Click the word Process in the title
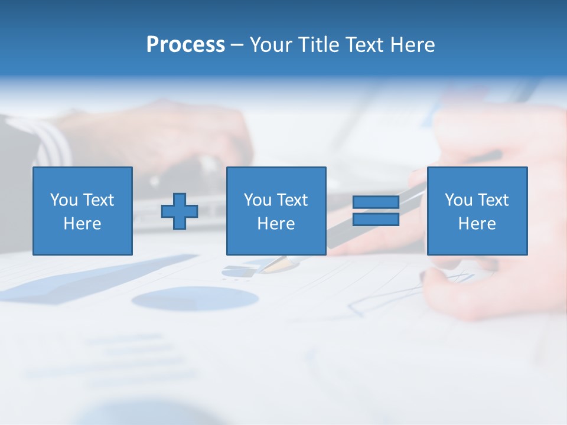coord(185,45)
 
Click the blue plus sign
coord(180,211)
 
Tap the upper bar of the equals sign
coord(376,202)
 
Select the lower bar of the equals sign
coord(376,220)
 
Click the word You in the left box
coord(64,200)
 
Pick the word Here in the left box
coord(82,224)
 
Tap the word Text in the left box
coord(98,200)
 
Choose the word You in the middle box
coord(258,200)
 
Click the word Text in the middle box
coord(292,200)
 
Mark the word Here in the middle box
coord(276,224)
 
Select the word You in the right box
coord(458,200)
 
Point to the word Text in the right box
coord(493,200)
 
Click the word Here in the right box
coord(477,224)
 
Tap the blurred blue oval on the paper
coord(195,299)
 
